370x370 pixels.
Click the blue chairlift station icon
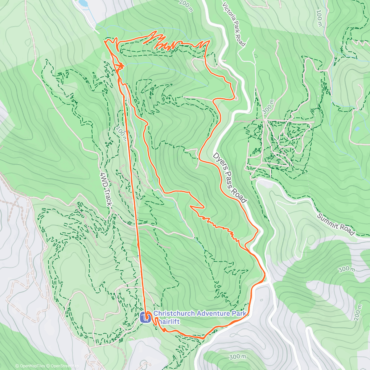[145, 317]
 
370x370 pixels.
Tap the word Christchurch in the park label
[174, 314]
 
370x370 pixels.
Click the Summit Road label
[336, 224]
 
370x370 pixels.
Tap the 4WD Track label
[106, 189]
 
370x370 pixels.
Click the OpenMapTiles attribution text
[30, 366]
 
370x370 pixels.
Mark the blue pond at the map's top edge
[82, 3]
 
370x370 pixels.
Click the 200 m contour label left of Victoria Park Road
[186, 6]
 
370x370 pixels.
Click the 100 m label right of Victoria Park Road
[319, 18]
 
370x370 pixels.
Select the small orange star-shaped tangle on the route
[120, 66]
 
